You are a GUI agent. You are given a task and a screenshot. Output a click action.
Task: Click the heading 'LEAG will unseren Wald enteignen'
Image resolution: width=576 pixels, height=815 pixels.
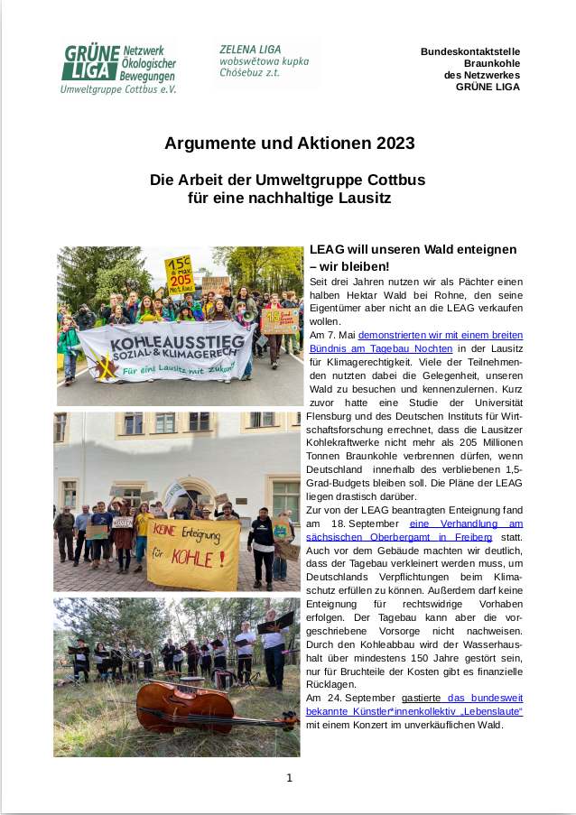(x=413, y=249)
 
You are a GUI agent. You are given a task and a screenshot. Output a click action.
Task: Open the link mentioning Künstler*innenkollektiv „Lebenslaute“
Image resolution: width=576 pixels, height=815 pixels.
(x=451, y=711)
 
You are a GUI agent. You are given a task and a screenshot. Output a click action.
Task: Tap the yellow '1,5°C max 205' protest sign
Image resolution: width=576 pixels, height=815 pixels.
(x=179, y=273)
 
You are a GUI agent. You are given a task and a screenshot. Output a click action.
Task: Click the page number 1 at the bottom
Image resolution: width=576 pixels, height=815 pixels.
(x=289, y=777)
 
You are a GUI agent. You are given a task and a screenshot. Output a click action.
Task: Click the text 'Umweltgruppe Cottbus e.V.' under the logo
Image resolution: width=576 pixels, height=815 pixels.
(x=118, y=90)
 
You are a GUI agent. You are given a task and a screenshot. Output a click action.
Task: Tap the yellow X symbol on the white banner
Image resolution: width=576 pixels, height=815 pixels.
(x=107, y=369)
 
